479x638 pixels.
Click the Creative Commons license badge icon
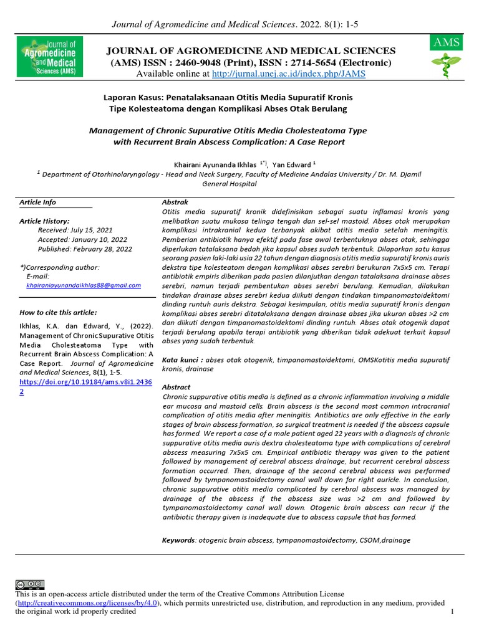pos(30,584)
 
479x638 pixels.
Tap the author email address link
pos(84,285)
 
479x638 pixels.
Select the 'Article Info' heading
pos(37,202)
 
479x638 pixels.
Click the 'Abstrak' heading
pos(175,202)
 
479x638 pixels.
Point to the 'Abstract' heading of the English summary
pos(176,387)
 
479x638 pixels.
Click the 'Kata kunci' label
pos(182,359)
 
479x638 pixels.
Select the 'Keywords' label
pos(179,540)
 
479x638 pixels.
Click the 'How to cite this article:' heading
pos(58,312)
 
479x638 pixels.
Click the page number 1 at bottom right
pos(451,612)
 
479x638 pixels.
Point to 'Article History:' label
pos(44,221)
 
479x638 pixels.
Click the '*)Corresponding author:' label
pos(59,267)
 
